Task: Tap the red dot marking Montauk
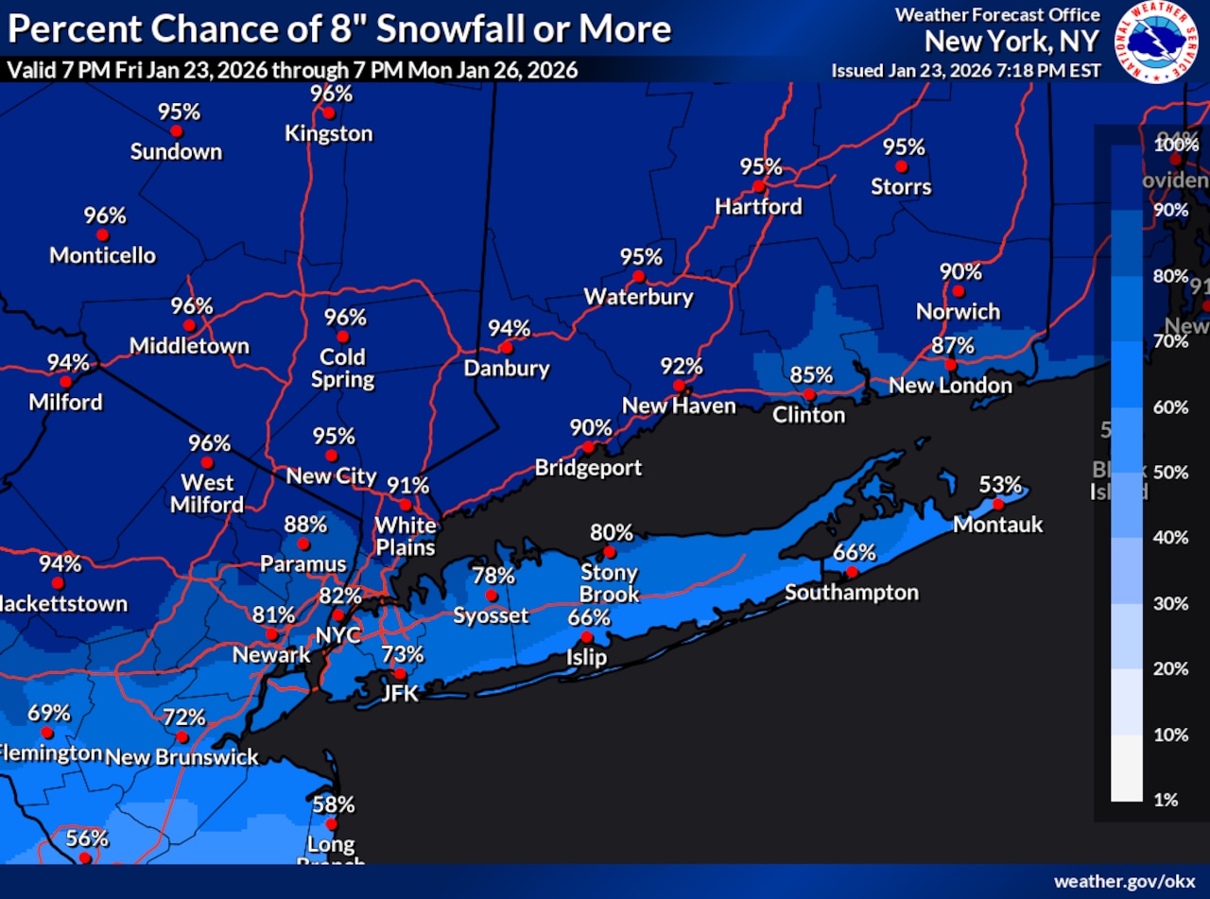(x=998, y=504)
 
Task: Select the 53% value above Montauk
(x=1000, y=485)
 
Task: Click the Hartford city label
(x=758, y=206)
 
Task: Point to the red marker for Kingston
(x=328, y=112)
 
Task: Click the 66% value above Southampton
(x=854, y=553)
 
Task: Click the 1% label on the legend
(x=1167, y=800)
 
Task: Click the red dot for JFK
(x=400, y=674)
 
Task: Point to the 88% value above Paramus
(x=305, y=524)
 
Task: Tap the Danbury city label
(x=507, y=368)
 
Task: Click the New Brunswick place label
(x=181, y=757)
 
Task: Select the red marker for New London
(x=951, y=365)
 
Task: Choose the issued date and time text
(x=965, y=71)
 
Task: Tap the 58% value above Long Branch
(x=334, y=804)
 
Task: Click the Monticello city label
(x=102, y=255)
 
